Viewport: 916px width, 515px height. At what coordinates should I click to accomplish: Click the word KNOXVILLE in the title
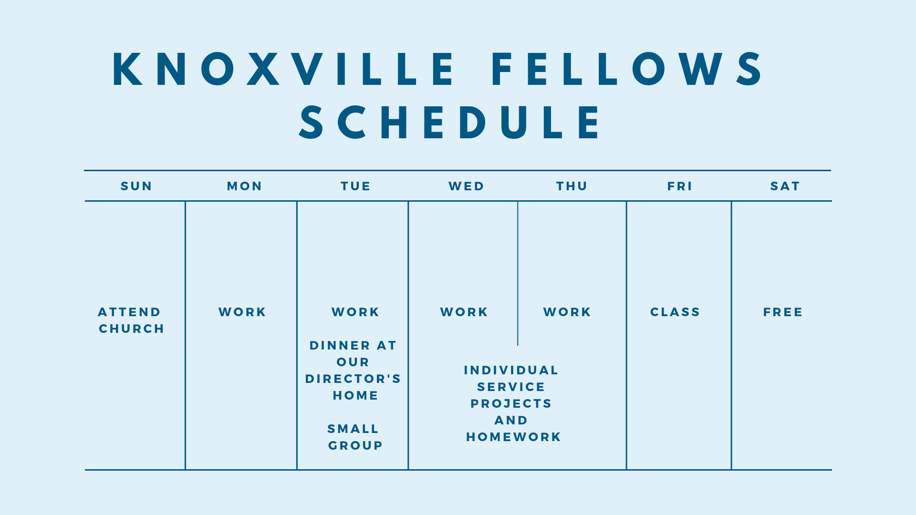pos(284,70)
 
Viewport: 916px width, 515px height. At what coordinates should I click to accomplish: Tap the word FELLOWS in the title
pos(627,70)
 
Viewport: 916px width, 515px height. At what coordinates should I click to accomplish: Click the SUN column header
pos(136,186)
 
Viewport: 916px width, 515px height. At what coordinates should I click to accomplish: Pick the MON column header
pos(245,186)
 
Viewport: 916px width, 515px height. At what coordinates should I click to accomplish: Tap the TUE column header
pos(356,186)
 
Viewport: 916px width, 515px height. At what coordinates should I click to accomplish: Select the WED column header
pos(467,186)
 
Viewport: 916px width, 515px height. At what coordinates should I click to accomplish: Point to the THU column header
pos(572,186)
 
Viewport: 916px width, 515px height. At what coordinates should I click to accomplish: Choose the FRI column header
pos(680,186)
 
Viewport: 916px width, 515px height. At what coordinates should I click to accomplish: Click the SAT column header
pos(785,186)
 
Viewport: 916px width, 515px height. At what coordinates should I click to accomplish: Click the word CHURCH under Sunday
pos(132,329)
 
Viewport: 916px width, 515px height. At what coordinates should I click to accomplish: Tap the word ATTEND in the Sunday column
pos(130,312)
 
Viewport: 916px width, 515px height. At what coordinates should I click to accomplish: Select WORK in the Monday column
pos(242,312)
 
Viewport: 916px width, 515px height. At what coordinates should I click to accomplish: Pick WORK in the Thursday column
pos(567,312)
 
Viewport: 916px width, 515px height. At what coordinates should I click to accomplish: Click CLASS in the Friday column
pos(675,312)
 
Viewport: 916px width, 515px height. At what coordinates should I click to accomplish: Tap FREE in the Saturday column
pos(783,312)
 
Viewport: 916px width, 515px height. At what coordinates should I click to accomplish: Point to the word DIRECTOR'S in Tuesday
pos(353,379)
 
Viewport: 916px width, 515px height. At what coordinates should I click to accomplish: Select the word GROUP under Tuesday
pos(356,445)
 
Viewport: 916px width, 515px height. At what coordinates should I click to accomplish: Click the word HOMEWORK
pos(514,437)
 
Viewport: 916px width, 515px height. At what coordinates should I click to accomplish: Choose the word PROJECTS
pos(511,403)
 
